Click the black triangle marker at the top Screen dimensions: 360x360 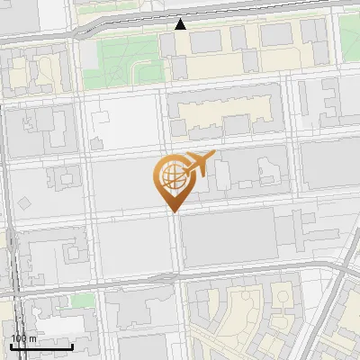[x=181, y=24]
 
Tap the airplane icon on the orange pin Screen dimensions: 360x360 [x=198, y=164]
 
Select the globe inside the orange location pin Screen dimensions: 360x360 [x=171, y=175]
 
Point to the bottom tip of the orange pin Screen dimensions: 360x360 [x=173, y=211]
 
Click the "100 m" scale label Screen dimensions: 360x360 [x=23, y=338]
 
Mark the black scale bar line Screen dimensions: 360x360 [x=41, y=346]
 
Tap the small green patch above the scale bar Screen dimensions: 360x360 [x=83, y=299]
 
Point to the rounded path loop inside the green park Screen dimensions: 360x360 [x=126, y=49]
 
